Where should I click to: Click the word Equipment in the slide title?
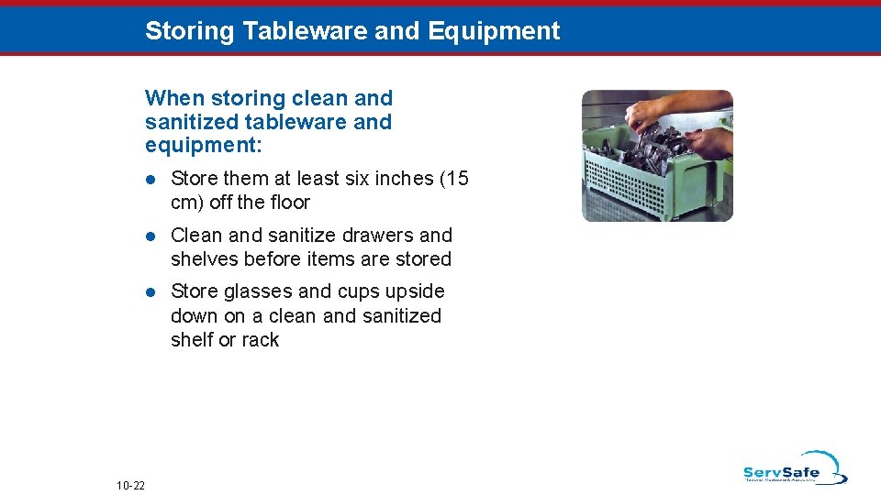493,31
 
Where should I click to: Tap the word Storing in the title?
190,31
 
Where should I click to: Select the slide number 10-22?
131,484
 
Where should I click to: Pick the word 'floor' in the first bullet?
286,203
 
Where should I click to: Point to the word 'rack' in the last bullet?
260,340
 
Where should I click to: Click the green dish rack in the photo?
642,179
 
